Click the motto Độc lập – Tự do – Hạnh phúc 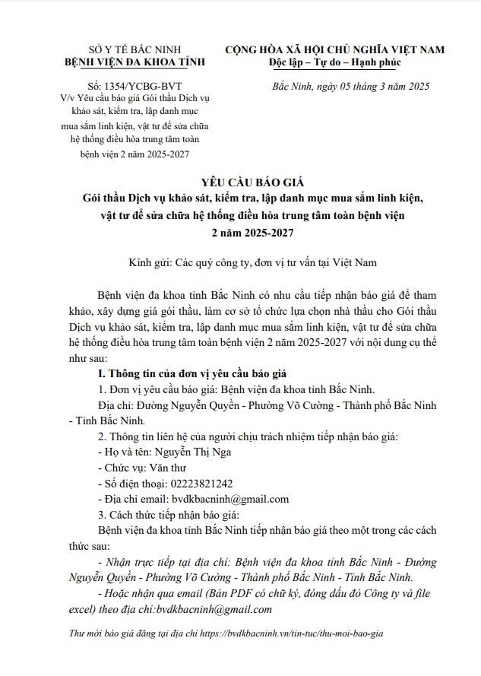pyautogui.click(x=338, y=62)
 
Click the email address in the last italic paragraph pyautogui.click(x=207, y=610)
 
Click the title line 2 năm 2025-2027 pyautogui.click(x=240, y=233)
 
